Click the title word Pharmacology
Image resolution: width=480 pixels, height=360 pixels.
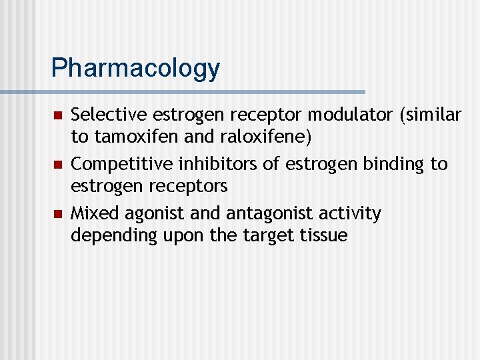135,68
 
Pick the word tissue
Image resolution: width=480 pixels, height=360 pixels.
323,235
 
